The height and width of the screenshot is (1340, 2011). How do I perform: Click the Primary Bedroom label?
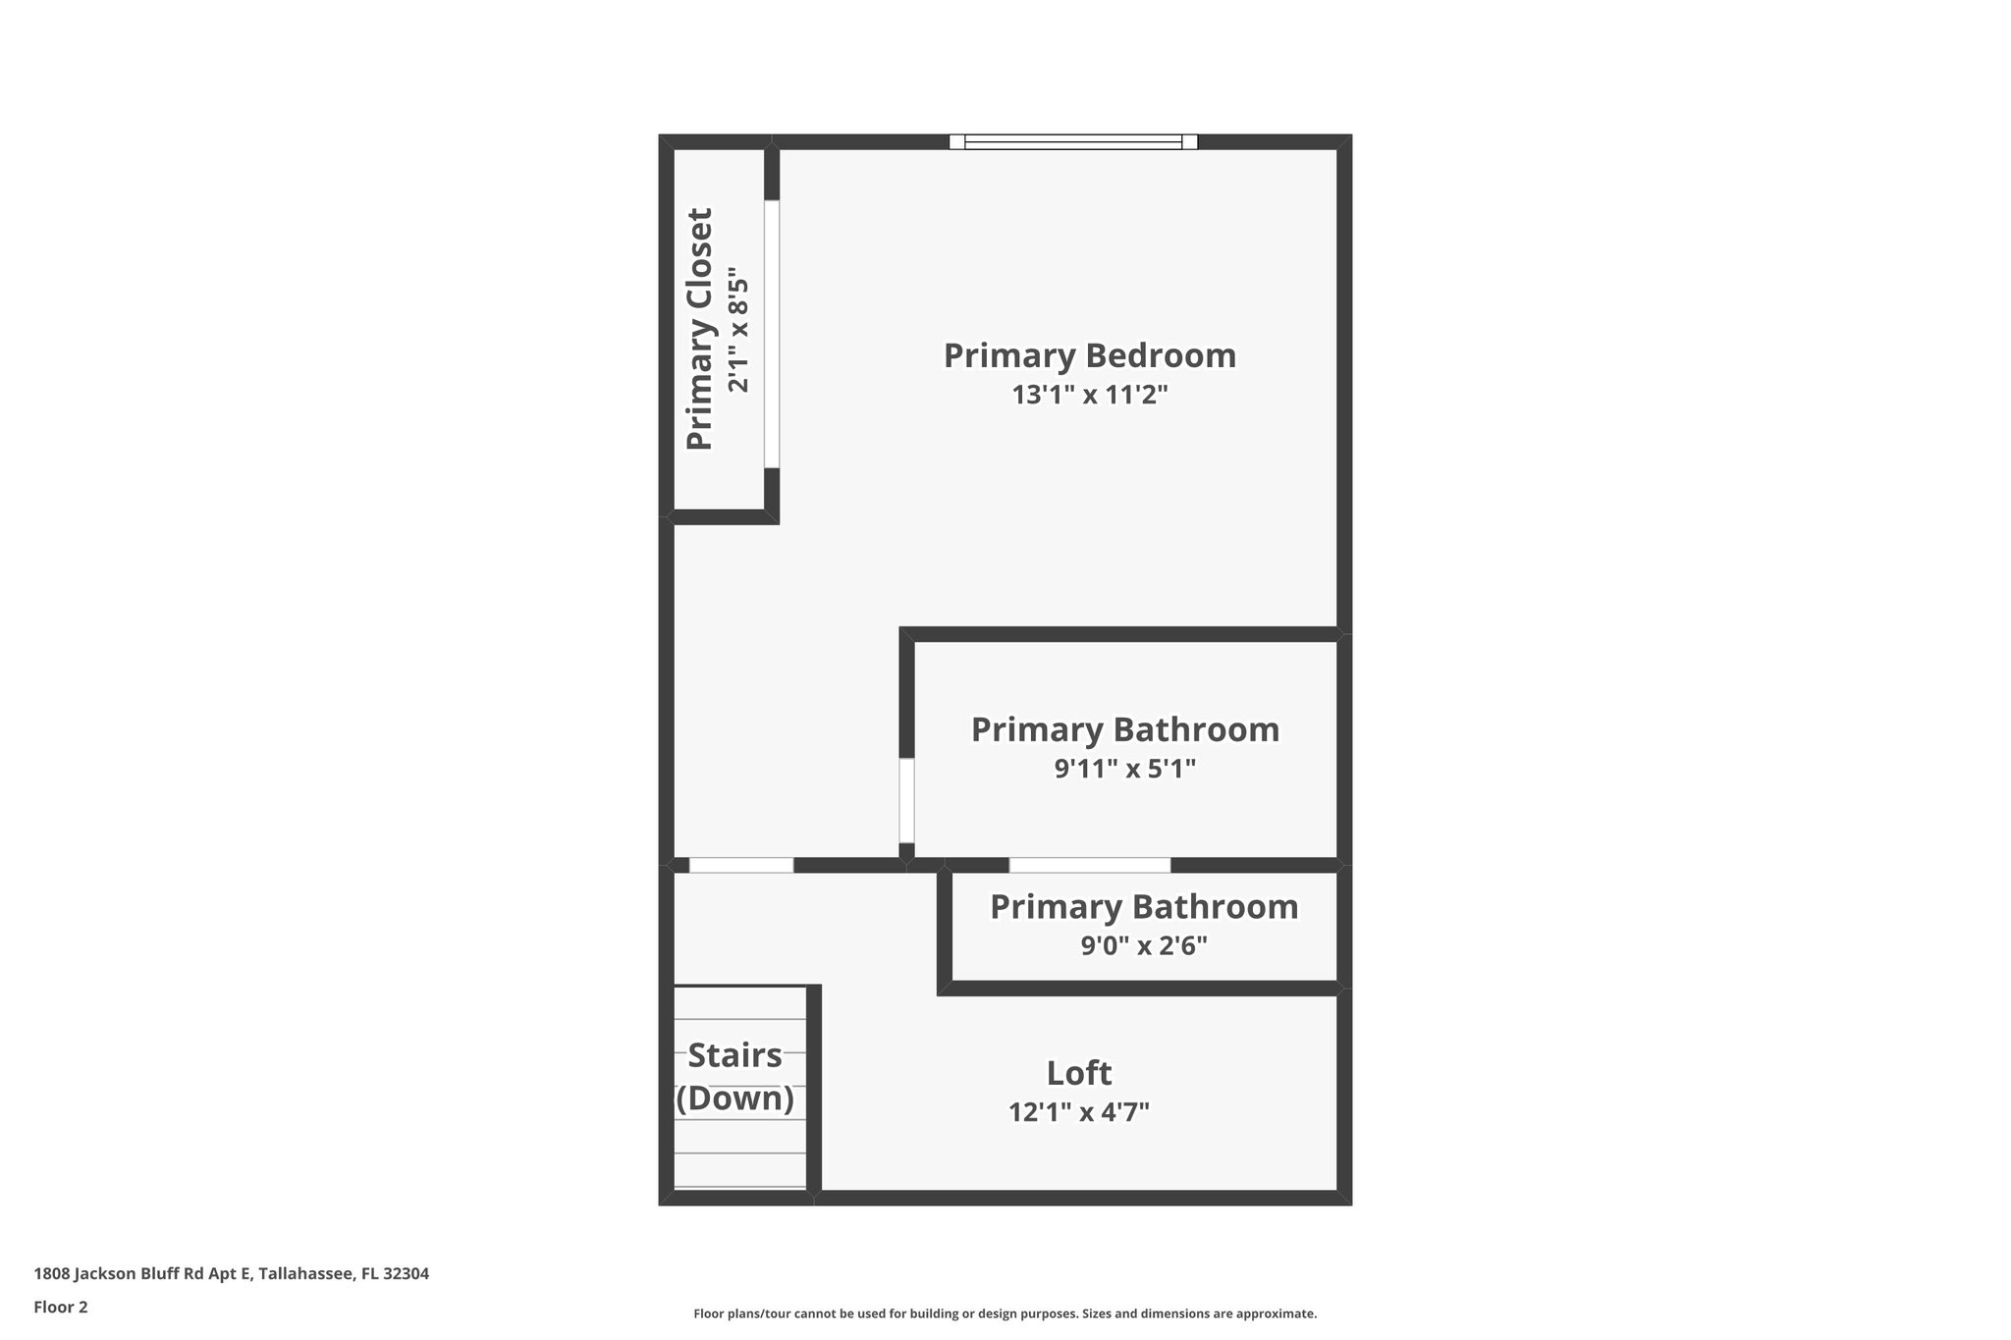click(x=1089, y=355)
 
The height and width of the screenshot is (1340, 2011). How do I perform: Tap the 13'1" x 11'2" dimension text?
click(x=1089, y=396)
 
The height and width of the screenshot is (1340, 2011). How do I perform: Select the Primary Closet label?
click(x=699, y=329)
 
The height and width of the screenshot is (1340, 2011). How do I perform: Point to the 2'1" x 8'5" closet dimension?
click(x=738, y=335)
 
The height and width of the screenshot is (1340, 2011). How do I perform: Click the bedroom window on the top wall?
click(x=1073, y=141)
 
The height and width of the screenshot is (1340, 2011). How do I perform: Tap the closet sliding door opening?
click(x=772, y=334)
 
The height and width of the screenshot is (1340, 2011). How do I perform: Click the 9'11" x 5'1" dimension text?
click(x=1124, y=769)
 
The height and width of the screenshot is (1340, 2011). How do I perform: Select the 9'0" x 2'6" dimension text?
click(x=1143, y=946)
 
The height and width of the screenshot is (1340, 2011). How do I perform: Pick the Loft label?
click(x=1078, y=1073)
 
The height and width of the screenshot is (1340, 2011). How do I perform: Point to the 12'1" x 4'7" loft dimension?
click(x=1078, y=1112)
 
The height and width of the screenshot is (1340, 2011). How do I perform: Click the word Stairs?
click(x=734, y=1055)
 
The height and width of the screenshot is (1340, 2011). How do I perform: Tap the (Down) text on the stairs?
click(x=734, y=1098)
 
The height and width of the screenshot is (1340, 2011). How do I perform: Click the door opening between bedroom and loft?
click(x=740, y=865)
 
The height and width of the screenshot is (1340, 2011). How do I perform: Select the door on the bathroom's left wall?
click(x=906, y=800)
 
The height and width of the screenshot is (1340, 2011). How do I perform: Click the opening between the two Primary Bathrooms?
click(x=1089, y=865)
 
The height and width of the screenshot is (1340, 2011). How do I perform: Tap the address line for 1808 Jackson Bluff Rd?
click(x=231, y=1273)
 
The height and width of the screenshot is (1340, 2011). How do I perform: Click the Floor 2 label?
click(x=61, y=1307)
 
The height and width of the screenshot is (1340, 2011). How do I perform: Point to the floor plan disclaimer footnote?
click(x=1005, y=1313)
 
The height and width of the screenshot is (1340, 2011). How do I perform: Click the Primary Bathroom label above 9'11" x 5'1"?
click(x=1124, y=729)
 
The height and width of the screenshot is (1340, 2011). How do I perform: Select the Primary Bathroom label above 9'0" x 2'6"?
click(x=1143, y=907)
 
